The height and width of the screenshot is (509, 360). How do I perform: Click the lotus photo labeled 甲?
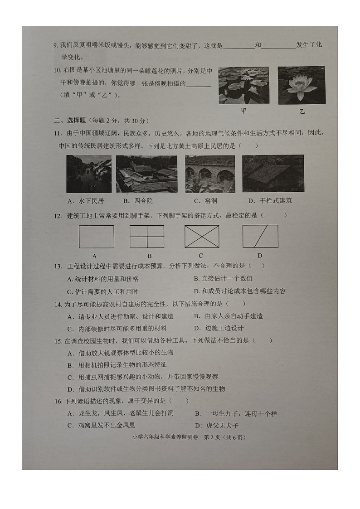[x=243, y=85]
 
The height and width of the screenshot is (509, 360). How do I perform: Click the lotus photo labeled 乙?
[x=301, y=85]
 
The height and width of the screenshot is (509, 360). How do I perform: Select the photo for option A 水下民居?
[x=89, y=174]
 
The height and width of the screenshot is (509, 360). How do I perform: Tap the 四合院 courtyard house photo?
[x=146, y=174]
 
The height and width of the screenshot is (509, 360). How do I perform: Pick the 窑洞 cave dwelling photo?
[x=210, y=174]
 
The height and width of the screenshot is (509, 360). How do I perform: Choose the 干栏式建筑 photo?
[x=273, y=174]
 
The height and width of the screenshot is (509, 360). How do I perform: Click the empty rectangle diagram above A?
[x=97, y=237]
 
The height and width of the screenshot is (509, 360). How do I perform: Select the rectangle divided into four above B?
[x=147, y=237]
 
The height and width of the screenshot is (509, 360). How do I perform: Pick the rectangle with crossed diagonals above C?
[x=202, y=237]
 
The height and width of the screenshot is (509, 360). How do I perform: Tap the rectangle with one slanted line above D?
[x=260, y=237]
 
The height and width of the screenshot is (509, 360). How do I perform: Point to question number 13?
[x=58, y=266]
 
